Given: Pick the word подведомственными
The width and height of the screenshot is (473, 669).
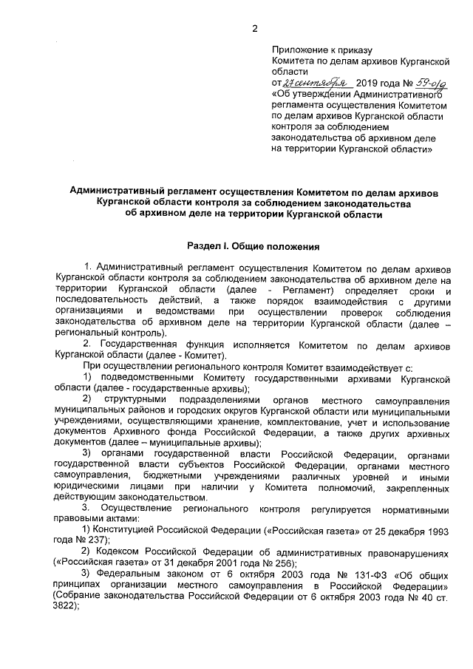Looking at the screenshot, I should pyautogui.click(x=149, y=378).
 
